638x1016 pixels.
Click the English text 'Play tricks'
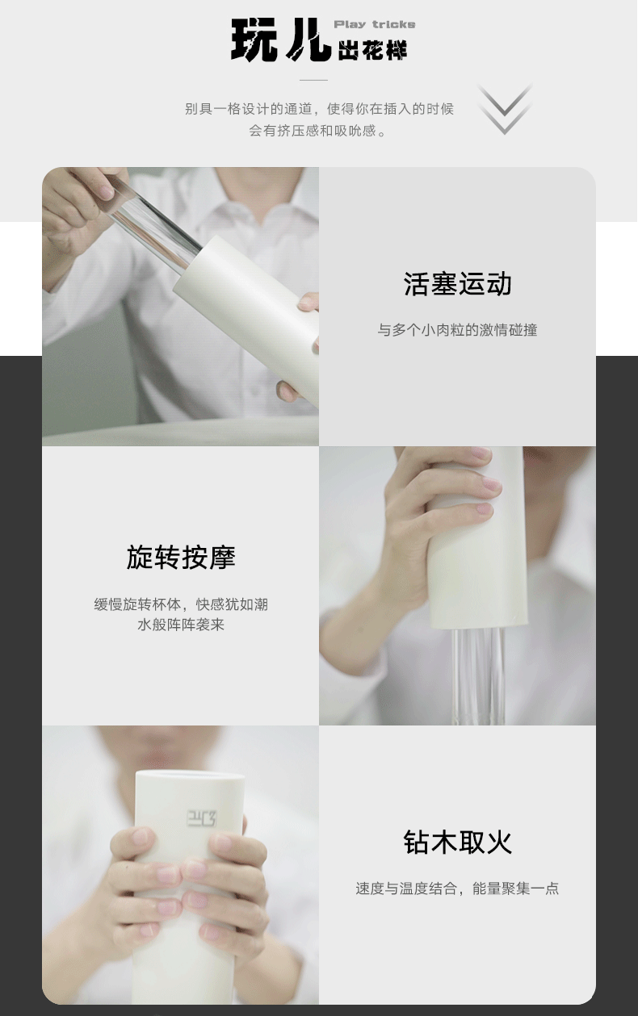pyautogui.click(x=375, y=24)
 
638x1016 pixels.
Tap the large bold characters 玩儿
pyautogui.click(x=281, y=40)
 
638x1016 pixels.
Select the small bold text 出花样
pyautogui.click(x=373, y=50)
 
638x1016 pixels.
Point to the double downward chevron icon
pyautogui.click(x=505, y=109)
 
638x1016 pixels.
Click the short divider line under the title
pyautogui.click(x=313, y=80)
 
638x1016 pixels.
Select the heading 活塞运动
pyautogui.click(x=457, y=284)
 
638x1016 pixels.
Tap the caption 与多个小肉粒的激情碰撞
pyautogui.click(x=457, y=330)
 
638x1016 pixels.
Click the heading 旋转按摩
pyautogui.click(x=181, y=558)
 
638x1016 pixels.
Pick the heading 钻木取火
pyautogui.click(x=457, y=842)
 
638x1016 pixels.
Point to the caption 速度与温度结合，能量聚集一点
pyautogui.click(x=457, y=888)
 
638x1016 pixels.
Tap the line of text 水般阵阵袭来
pyautogui.click(x=181, y=625)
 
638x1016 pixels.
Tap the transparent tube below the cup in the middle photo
pyautogui.click(x=480, y=675)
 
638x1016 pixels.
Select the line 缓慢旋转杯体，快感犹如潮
pyautogui.click(x=181, y=604)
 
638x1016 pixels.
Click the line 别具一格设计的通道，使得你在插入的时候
pyautogui.click(x=319, y=109)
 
